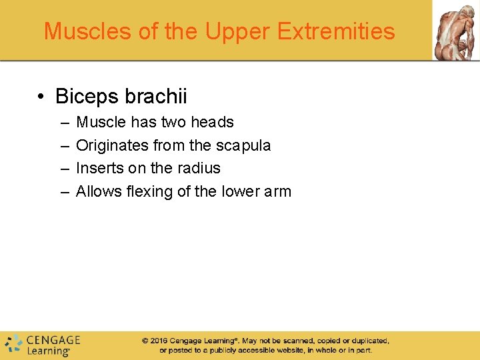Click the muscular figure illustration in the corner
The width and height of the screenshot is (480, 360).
point(456,30)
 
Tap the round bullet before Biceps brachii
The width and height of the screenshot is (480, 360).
point(41,97)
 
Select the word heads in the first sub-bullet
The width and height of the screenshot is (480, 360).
point(212,122)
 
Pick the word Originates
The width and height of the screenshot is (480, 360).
point(111,145)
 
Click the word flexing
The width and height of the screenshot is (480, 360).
point(148,191)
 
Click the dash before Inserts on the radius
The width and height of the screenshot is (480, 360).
point(64,169)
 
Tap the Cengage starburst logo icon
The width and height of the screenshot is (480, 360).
point(13,343)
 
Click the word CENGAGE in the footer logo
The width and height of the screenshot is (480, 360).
point(53,339)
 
